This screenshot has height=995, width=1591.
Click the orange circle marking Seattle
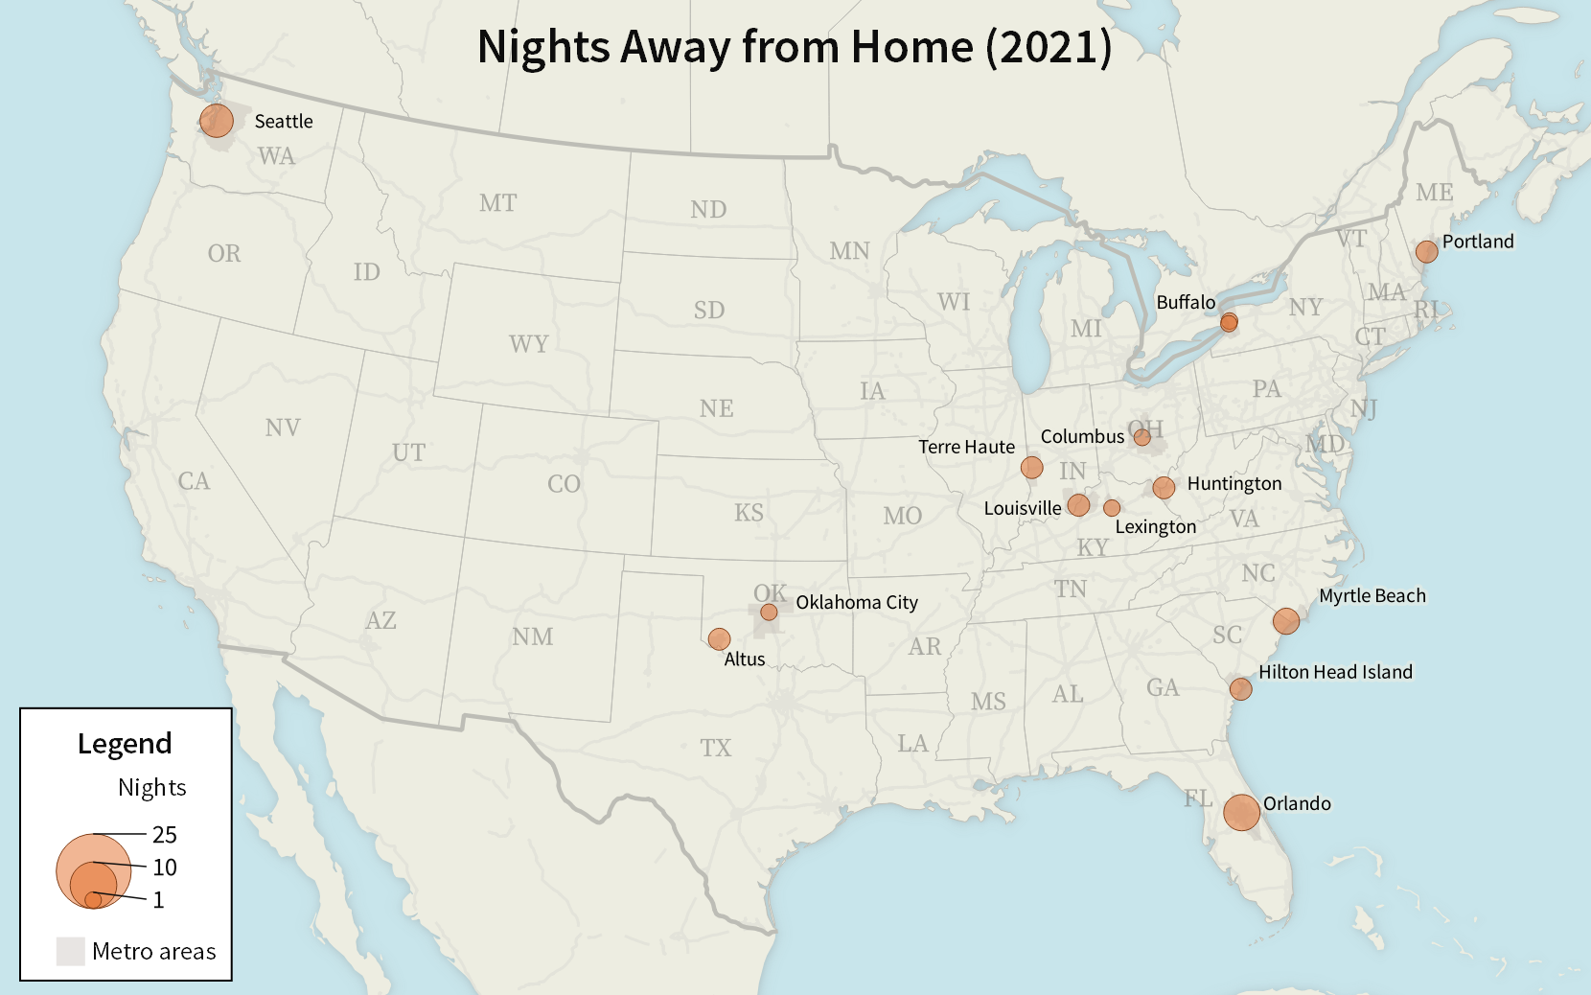point(217,121)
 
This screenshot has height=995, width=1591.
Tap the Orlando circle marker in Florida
point(1241,812)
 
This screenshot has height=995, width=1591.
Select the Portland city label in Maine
point(1477,242)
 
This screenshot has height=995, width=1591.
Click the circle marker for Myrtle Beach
point(1285,620)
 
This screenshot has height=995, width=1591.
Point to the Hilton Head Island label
point(1334,672)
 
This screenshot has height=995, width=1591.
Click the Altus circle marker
point(719,638)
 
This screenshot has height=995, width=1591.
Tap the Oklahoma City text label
point(856,602)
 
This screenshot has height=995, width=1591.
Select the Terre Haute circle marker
point(1031,467)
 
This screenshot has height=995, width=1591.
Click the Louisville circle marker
point(1078,504)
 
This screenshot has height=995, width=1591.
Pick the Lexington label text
point(1155,526)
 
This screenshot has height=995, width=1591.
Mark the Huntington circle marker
point(1164,487)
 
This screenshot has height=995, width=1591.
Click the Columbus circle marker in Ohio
point(1141,437)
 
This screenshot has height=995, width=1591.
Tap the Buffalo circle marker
point(1229,322)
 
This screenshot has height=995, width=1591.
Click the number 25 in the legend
point(164,835)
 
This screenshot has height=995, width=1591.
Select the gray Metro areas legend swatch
point(70,951)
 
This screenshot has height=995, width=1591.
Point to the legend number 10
point(164,868)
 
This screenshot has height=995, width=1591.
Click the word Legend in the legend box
point(125,744)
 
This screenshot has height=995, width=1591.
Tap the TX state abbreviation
point(715,748)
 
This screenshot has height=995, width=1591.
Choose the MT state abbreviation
point(497,203)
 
